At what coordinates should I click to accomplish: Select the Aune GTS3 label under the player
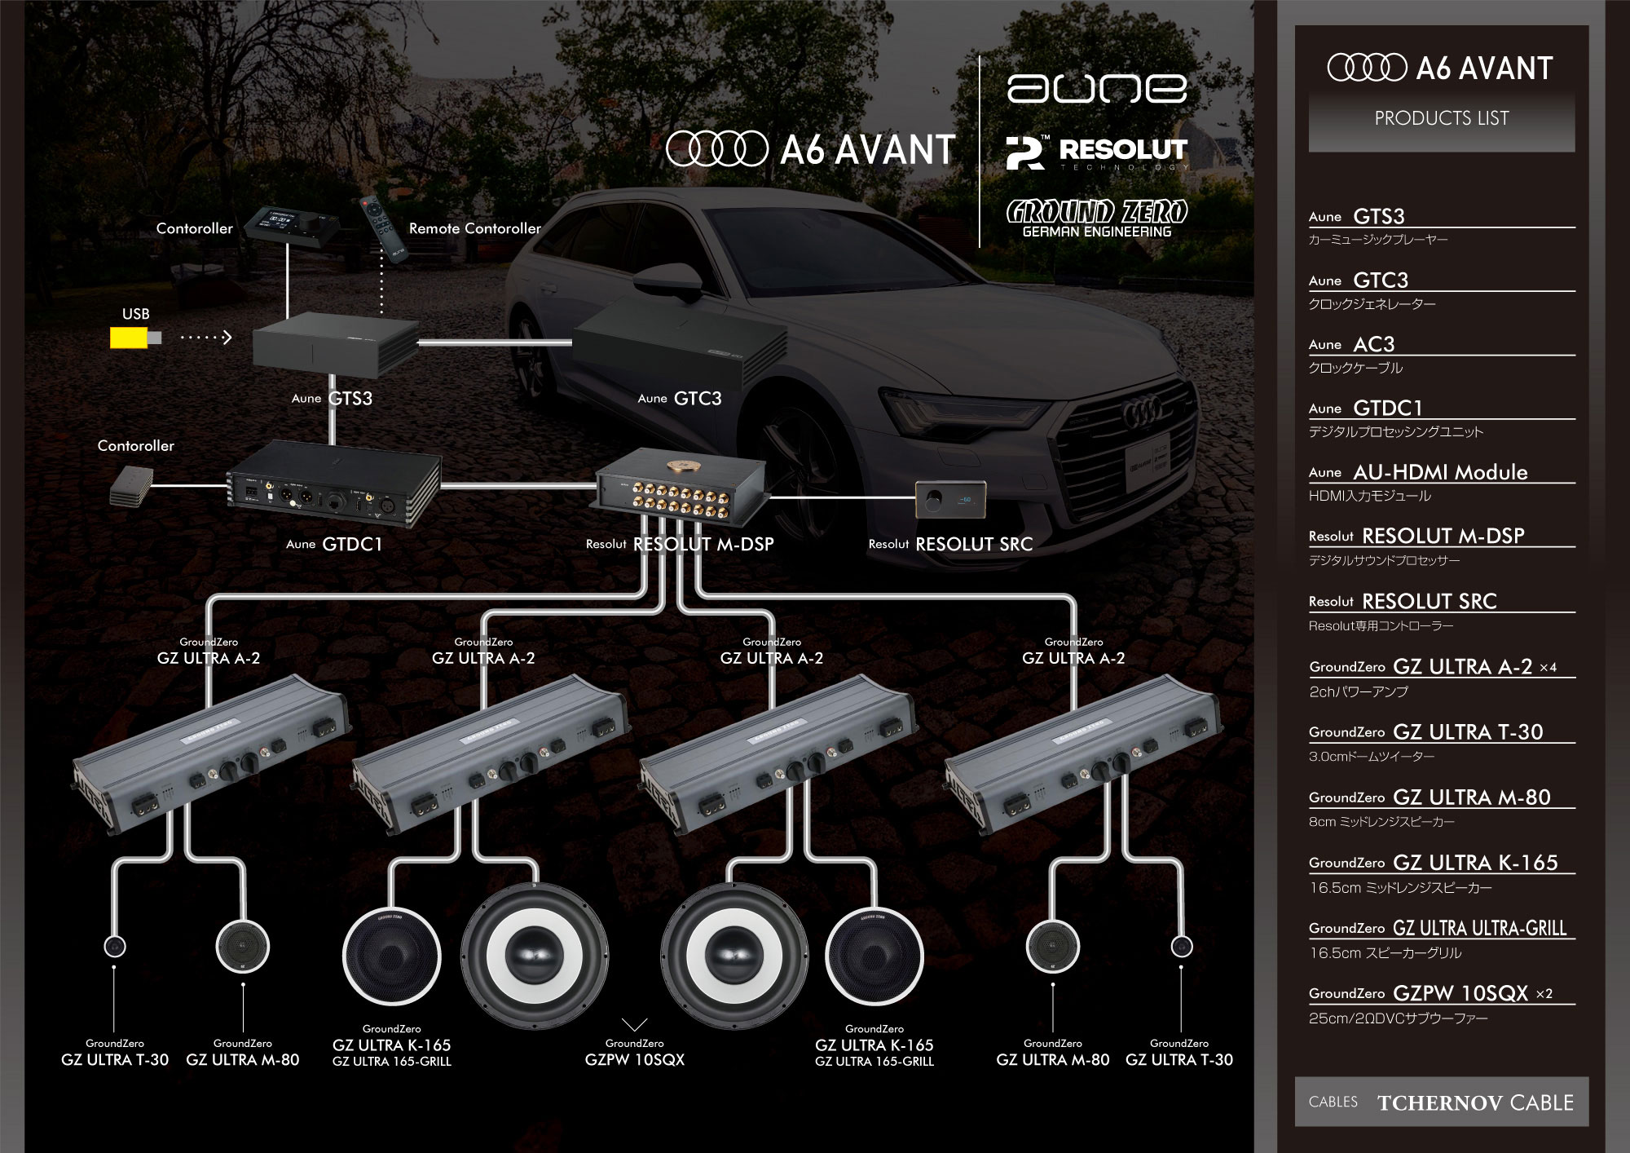click(333, 399)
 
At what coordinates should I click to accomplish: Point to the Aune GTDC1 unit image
click(333, 486)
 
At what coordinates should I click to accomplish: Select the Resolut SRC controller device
click(950, 498)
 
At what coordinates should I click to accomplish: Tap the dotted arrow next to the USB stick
click(206, 338)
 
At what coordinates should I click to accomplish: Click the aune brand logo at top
click(1096, 89)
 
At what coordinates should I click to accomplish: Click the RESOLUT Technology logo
click(1096, 152)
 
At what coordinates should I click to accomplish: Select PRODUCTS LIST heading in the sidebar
click(1441, 119)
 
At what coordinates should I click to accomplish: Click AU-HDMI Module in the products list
click(1439, 472)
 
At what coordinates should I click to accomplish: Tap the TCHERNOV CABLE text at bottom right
click(1475, 1102)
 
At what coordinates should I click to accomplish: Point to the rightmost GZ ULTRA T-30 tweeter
click(1181, 947)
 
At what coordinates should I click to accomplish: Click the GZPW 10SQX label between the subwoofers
click(634, 1059)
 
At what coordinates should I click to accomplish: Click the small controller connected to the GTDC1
click(130, 486)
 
